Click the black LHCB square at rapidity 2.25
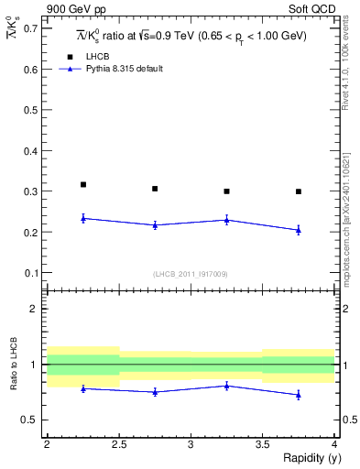pyautogui.click(x=83, y=185)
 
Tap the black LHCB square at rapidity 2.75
pyautogui.click(x=155, y=189)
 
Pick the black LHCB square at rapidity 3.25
pyautogui.click(x=227, y=191)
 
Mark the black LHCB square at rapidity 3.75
pyautogui.click(x=299, y=191)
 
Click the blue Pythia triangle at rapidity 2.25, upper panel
pyautogui.click(x=83, y=218)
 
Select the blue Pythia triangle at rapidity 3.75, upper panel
pyautogui.click(x=299, y=230)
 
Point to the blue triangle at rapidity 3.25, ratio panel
pyautogui.click(x=227, y=386)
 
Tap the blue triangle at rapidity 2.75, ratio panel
pyautogui.click(x=155, y=391)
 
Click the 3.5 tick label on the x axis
pyautogui.click(x=262, y=444)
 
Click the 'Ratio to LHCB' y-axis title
pyautogui.click(x=13, y=365)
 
